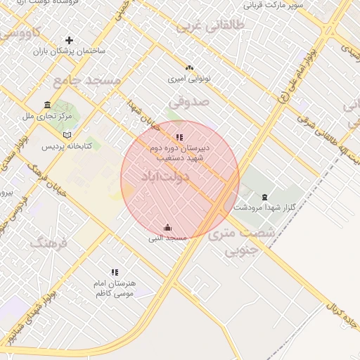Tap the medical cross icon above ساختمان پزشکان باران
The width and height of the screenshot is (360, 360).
69,40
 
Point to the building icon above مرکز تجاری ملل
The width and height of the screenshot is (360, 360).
47,103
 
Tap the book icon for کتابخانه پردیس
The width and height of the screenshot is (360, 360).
67,135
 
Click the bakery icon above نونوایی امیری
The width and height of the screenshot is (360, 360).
188,67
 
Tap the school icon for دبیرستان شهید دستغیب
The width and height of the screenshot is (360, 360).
180,137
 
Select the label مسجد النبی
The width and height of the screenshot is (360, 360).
167,238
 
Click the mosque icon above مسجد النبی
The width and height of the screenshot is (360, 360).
167,227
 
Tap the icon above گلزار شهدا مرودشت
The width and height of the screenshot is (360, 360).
264,197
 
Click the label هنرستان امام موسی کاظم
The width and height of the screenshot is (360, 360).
115,288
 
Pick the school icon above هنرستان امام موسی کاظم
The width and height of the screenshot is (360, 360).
115,272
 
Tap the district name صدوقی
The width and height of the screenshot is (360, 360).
188,102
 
